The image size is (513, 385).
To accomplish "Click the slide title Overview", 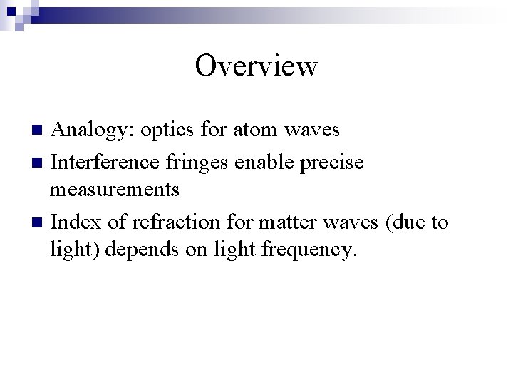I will pyautogui.click(x=256, y=66).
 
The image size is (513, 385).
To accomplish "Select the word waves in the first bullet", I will pyautogui.click(x=312, y=130).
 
